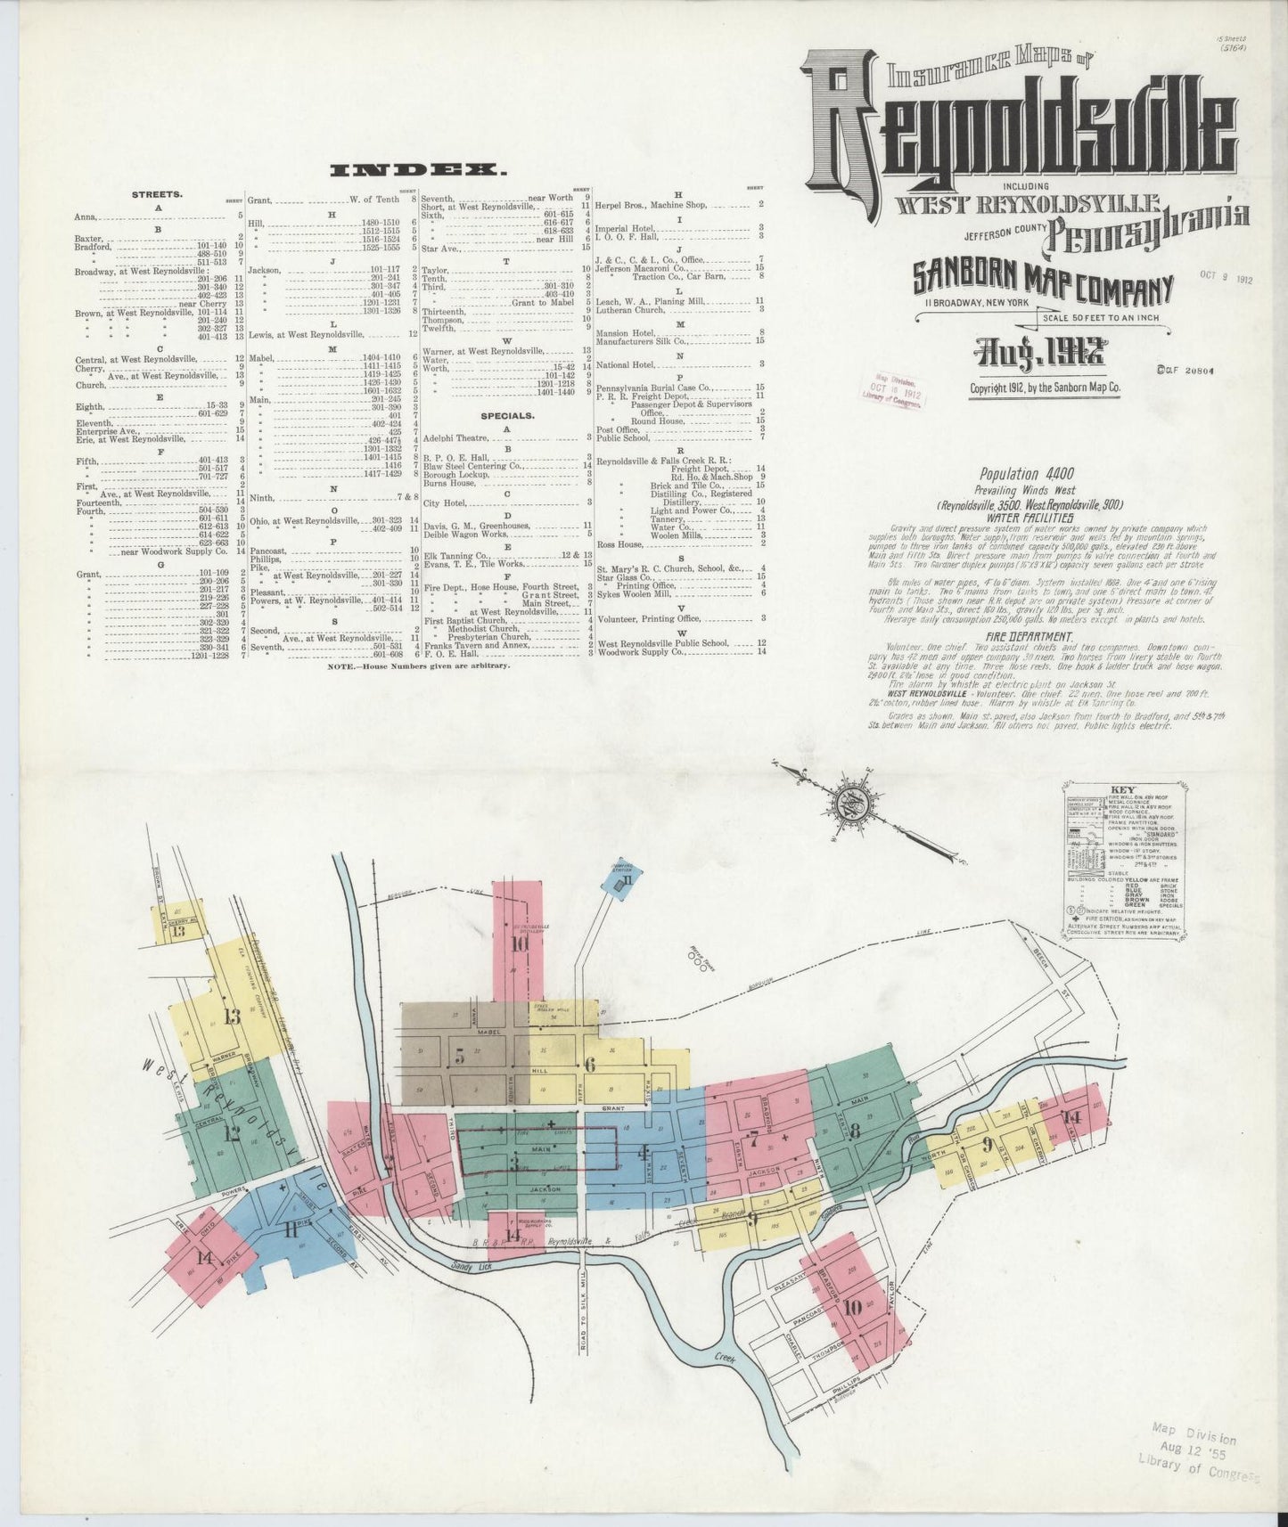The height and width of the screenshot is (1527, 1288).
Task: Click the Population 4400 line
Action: [x=1027, y=474]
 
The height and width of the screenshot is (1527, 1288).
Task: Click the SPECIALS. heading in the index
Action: [x=507, y=415]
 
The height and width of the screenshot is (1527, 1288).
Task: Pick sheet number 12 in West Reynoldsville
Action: [x=233, y=1134]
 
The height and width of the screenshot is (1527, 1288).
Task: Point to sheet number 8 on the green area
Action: [x=855, y=1132]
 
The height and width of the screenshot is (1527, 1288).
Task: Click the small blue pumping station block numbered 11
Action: [x=628, y=881]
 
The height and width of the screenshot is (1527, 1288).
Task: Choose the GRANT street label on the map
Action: [x=611, y=1108]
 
